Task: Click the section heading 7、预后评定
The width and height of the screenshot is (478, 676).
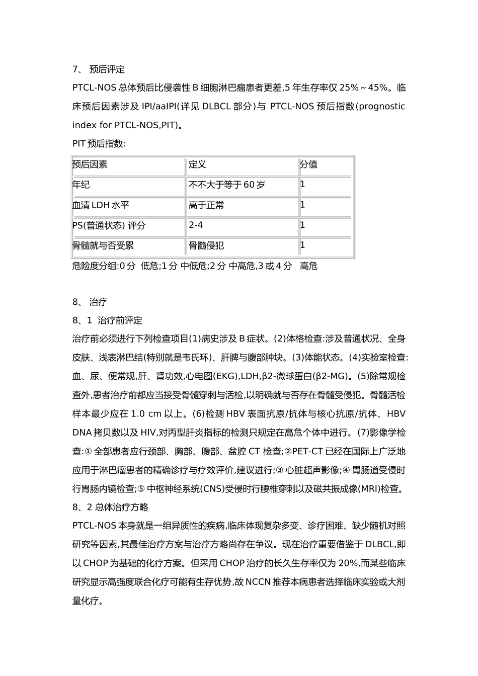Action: click(99, 69)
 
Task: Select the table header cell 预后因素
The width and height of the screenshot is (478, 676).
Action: click(90, 164)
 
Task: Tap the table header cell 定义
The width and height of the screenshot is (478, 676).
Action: click(197, 164)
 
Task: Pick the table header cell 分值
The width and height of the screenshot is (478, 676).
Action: click(308, 164)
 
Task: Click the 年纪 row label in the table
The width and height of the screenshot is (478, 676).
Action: click(82, 185)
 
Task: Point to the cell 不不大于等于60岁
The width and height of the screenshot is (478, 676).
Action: click(226, 185)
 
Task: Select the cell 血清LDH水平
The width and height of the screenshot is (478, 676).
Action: click(101, 205)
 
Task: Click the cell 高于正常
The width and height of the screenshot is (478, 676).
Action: click(206, 205)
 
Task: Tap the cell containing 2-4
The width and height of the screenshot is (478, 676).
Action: click(196, 225)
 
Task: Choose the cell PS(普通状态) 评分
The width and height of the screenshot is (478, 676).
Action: click(109, 225)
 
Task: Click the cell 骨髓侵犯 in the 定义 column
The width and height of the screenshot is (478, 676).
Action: click(206, 245)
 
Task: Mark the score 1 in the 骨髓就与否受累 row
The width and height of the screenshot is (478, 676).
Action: click(302, 245)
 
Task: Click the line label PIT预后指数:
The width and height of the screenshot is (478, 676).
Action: click(99, 144)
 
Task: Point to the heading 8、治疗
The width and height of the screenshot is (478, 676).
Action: click(90, 302)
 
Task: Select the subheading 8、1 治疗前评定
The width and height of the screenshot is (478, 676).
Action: click(107, 320)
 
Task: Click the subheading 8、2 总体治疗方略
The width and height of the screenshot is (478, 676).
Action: click(110, 507)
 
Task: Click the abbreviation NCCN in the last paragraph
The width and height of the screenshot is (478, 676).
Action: click(258, 582)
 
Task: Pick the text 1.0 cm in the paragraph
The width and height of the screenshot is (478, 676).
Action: click(147, 414)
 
